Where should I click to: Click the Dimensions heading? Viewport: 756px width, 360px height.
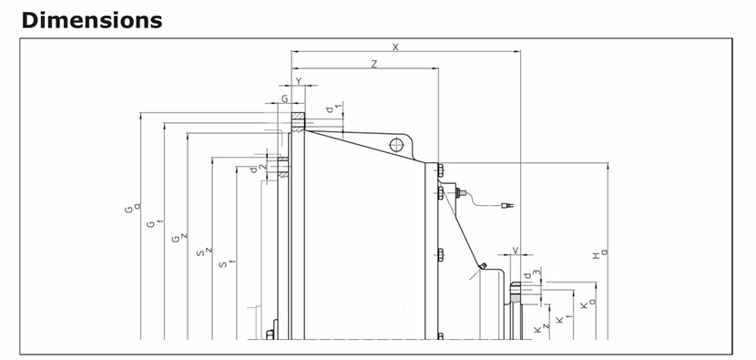pos(92,20)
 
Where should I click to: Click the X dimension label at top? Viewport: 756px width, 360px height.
pos(396,46)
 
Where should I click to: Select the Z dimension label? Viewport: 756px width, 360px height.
pos(374,64)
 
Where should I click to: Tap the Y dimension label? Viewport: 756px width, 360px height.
pos(299,81)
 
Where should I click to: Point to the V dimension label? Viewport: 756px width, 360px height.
pos(516,250)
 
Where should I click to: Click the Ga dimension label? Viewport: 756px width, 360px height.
pos(132,208)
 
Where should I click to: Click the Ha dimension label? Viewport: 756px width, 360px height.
pos(599,253)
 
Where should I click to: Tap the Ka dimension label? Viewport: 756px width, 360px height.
pos(587,304)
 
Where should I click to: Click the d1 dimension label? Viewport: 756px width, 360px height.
pos(333,108)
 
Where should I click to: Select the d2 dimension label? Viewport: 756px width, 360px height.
pos(258,169)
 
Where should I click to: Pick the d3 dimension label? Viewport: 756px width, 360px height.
pos(532,274)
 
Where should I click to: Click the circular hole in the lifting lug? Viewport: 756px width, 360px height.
pos(397,144)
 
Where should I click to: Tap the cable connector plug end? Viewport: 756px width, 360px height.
pos(507,206)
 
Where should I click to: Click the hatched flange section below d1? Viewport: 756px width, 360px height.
pos(298,121)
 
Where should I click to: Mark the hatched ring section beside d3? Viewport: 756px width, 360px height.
pos(516,292)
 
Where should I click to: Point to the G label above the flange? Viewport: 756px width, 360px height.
pos(285,99)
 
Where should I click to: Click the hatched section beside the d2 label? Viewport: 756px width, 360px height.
pos(283,167)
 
